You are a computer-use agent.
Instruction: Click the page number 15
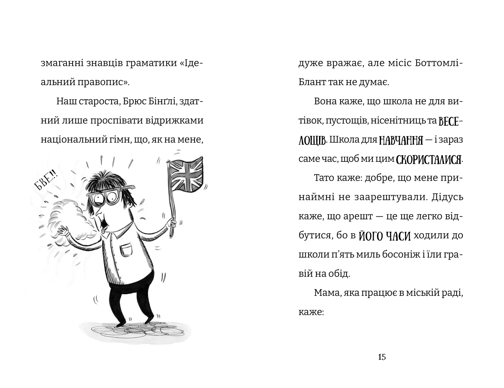tap(382, 357)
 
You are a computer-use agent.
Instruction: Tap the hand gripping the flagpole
tap(172, 224)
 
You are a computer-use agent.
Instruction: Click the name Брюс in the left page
tap(140, 101)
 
